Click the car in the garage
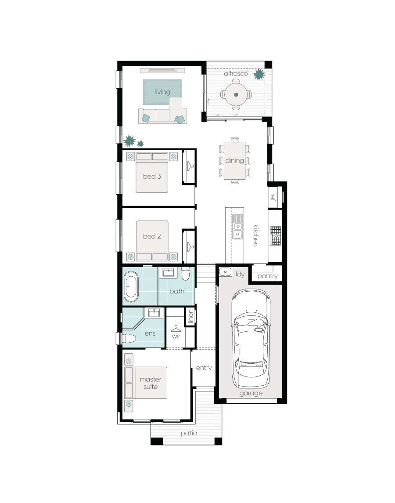point(251,338)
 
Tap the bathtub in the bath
point(131,286)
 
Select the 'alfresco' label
point(236,73)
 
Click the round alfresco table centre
point(236,94)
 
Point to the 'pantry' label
point(267,276)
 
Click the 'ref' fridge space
point(275,197)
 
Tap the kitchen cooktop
point(276,236)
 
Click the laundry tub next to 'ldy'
point(226,272)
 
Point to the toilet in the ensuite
point(129,338)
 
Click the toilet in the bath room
point(186,274)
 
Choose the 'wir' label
point(176,336)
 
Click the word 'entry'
point(204,368)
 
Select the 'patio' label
point(189,433)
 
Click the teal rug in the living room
point(162,92)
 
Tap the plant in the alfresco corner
point(259,74)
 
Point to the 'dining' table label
point(234,160)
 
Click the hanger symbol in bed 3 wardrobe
point(190,166)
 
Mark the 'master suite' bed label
point(151,383)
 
